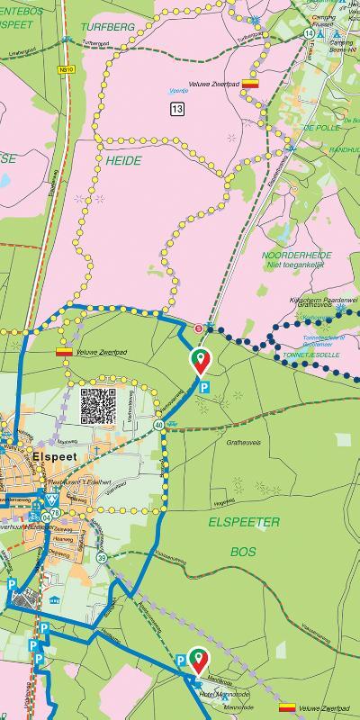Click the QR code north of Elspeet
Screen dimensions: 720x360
pyautogui.click(x=98, y=406)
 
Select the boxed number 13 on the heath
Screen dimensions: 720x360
pyautogui.click(x=176, y=109)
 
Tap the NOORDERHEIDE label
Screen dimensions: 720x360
pyautogui.click(x=295, y=255)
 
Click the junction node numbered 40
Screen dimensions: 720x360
pyautogui.click(x=158, y=424)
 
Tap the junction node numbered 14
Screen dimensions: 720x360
pyautogui.click(x=309, y=33)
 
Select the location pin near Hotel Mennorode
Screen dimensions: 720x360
pyautogui.click(x=198, y=659)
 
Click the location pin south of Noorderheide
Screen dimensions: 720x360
pyautogui.click(x=200, y=362)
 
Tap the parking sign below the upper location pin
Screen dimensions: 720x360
pyautogui.click(x=205, y=388)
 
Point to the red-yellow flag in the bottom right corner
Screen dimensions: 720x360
pyautogui.click(x=288, y=707)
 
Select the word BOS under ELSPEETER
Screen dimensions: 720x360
pyautogui.click(x=243, y=551)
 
